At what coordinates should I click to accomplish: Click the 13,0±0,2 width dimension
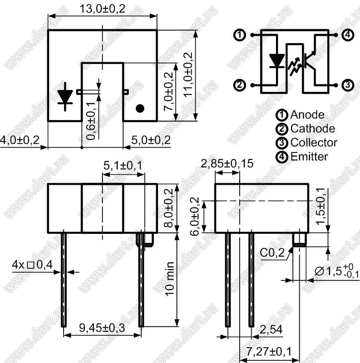coord(102,9)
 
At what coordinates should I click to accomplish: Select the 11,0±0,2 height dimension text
coord(188,74)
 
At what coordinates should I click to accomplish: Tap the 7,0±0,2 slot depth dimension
coord(169,91)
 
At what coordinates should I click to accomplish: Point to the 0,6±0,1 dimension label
coord(90,121)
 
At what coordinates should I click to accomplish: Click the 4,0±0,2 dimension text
coord(20,140)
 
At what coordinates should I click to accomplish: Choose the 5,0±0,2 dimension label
coord(151,140)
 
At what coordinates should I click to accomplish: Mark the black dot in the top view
coord(140,108)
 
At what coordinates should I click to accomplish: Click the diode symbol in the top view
coord(65,96)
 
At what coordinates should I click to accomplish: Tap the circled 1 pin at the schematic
coord(239,35)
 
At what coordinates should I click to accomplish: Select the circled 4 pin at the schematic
coord(348,35)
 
